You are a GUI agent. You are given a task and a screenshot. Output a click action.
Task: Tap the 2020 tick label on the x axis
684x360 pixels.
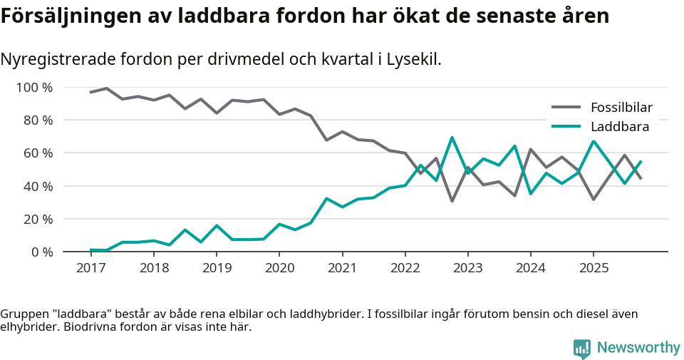point(279,268)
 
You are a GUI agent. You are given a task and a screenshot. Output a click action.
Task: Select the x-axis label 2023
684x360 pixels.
point(467,268)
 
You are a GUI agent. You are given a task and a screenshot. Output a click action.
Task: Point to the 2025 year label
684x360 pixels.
point(593,268)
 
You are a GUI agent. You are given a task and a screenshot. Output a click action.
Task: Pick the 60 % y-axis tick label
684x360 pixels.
point(38,153)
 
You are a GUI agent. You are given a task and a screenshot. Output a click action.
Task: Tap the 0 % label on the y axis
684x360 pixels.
point(42,252)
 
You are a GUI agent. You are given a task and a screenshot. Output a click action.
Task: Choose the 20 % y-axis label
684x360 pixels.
point(38,219)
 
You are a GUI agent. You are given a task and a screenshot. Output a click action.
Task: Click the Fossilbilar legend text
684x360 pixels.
point(621,108)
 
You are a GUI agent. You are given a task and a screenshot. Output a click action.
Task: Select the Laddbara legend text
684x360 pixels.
point(619,127)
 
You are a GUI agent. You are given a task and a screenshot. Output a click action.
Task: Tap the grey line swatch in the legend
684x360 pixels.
point(566,108)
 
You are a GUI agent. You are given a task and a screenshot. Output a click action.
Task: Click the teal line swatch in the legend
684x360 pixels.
point(566,127)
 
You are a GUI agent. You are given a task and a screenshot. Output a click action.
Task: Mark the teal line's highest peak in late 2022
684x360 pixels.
point(452,138)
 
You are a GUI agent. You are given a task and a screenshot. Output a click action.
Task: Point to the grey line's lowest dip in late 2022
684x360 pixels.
point(452,201)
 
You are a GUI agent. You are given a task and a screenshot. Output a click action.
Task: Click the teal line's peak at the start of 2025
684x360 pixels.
point(594,141)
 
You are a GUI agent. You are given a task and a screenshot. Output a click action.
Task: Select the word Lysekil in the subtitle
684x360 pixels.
point(414,59)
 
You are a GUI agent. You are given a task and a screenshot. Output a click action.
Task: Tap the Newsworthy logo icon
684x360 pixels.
point(581,348)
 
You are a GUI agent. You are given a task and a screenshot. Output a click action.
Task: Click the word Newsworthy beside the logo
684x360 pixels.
point(638,348)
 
